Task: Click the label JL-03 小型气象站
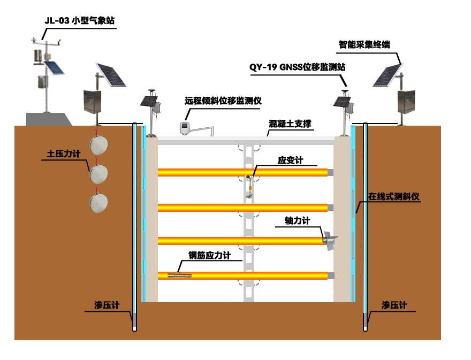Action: coord(80,21)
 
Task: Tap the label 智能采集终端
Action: coord(364,45)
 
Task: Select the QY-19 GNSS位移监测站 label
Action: coord(298,67)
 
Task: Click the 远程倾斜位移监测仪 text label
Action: coord(223,101)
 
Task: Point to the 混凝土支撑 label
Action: coord(290,124)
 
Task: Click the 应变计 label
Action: coord(290,160)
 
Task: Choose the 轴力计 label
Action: coord(298,221)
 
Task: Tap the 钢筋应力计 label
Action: coord(210,255)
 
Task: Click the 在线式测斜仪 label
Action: coord(393,196)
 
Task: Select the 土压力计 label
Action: coord(64,154)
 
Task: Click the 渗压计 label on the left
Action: coord(107,305)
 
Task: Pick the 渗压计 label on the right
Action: coord(394,305)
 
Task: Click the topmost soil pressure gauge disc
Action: coord(98,145)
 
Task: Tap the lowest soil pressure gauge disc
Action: coord(98,203)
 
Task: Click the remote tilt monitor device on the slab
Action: coord(185,128)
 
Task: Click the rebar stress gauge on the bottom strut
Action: coord(180,275)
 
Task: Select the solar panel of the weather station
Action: coord(54,68)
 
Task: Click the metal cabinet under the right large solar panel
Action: coord(406,102)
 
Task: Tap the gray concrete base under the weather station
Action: coord(49,119)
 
